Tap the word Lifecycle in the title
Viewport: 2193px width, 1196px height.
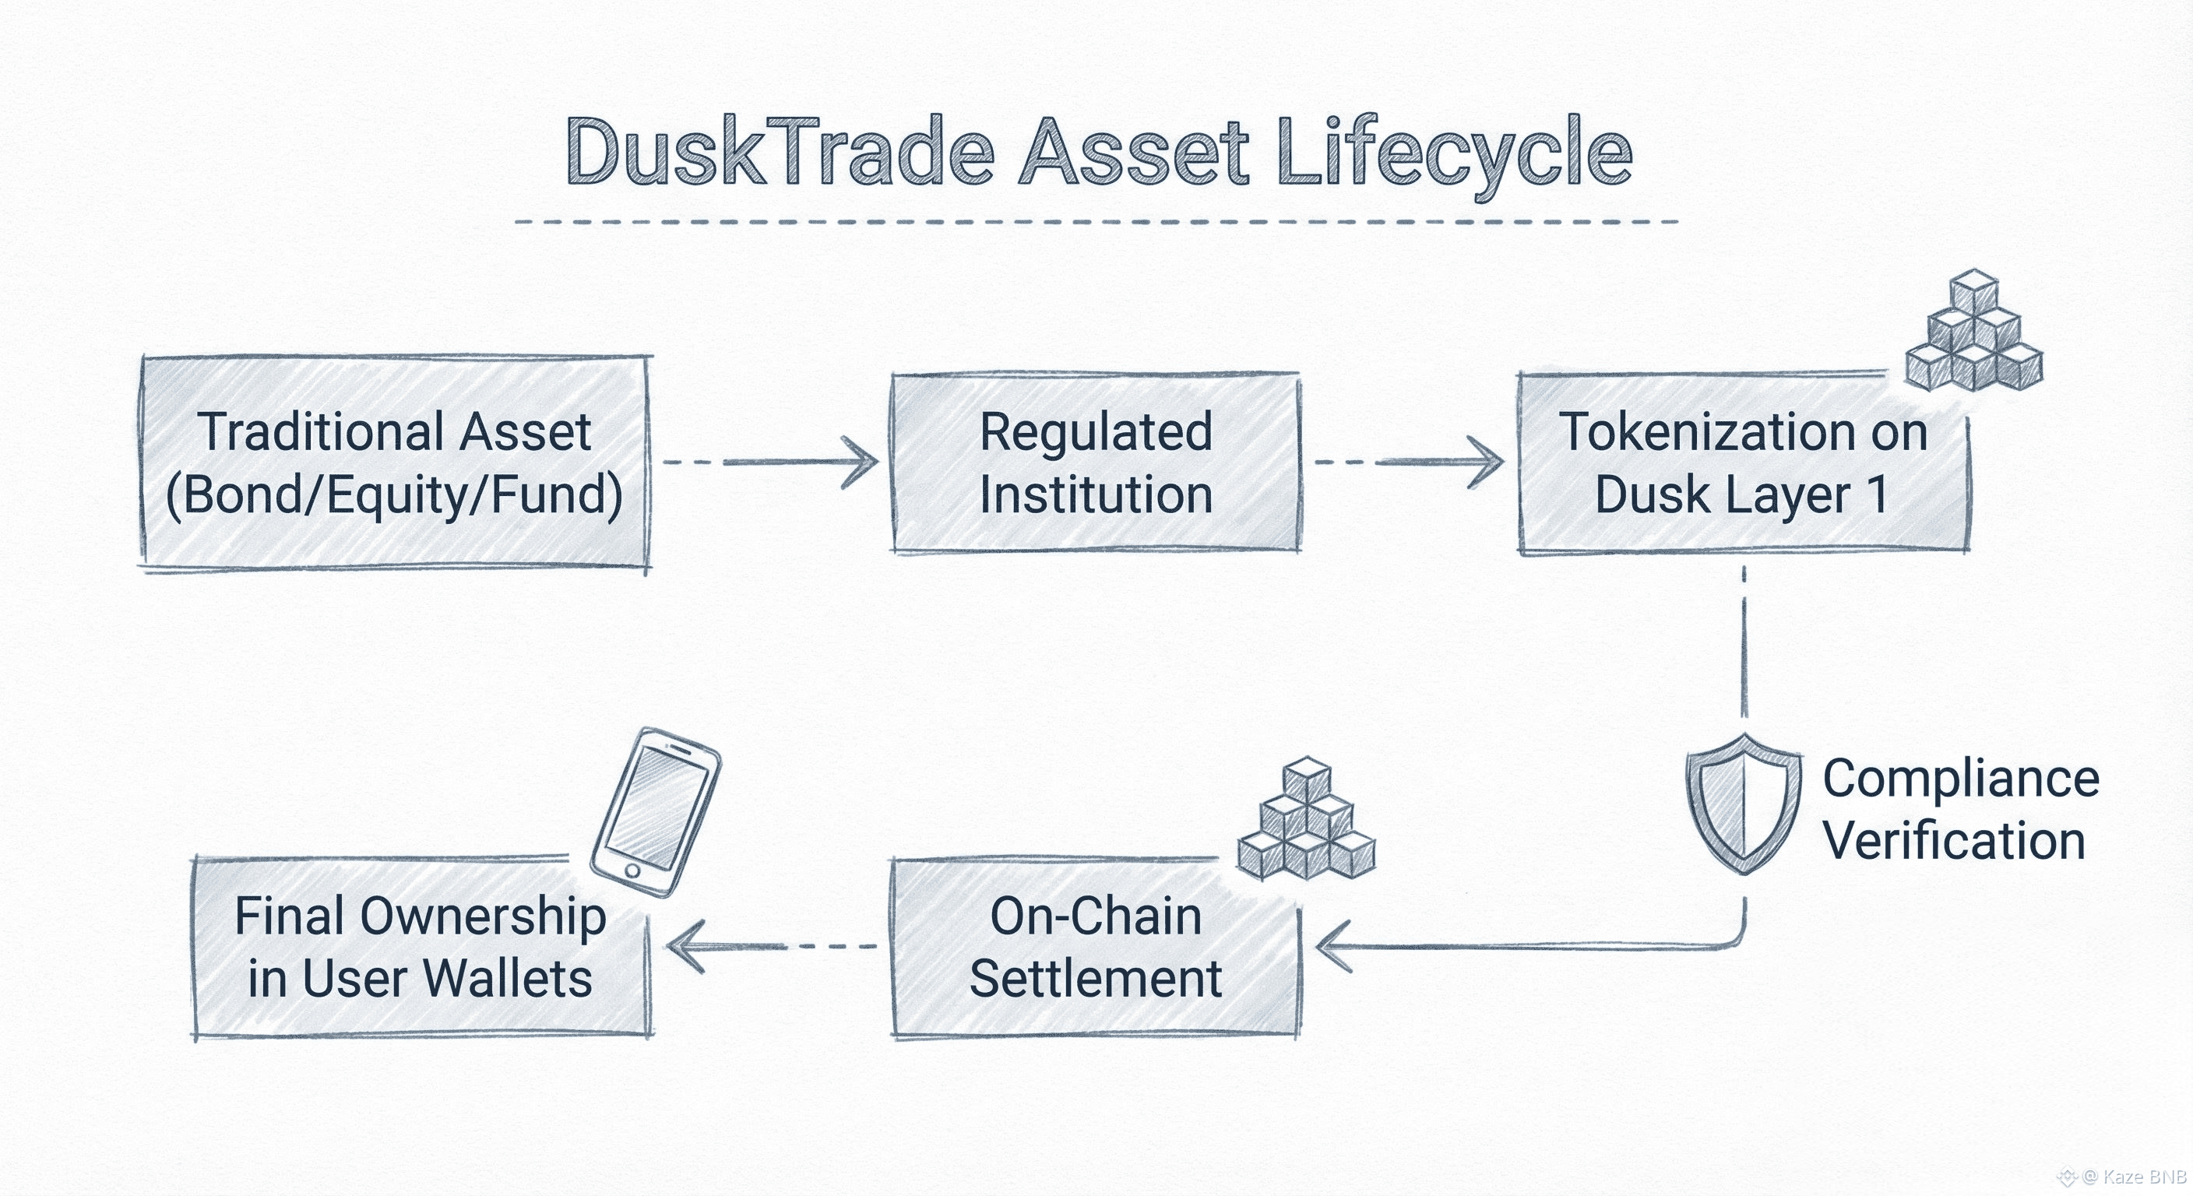(1455, 157)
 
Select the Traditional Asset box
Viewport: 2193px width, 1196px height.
(396, 463)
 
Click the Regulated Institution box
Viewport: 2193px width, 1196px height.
(1096, 463)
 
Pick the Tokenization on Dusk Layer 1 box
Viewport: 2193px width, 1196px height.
(1744, 463)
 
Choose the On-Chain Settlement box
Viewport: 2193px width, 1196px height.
(1096, 947)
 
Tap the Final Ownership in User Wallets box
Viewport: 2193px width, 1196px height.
(421, 947)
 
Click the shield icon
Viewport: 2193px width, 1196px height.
(1744, 803)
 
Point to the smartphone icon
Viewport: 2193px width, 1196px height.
(656, 811)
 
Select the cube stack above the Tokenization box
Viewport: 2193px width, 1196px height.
(1973, 330)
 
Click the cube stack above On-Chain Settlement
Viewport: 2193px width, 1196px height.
(1307, 819)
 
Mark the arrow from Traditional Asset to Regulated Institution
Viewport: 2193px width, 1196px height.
(770, 463)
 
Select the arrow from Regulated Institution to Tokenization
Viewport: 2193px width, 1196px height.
(1409, 463)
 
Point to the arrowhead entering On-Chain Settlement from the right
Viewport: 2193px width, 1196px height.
(1333, 947)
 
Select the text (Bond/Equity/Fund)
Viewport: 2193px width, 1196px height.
(394, 495)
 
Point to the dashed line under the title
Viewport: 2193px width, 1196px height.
(1096, 222)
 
